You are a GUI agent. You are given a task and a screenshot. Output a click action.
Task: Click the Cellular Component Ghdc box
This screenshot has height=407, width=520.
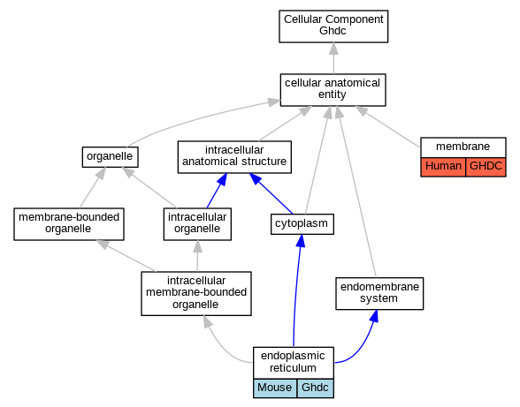[333, 26]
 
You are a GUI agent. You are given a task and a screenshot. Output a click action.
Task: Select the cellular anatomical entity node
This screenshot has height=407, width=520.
[333, 90]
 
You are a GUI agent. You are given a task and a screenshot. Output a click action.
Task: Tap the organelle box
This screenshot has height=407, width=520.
[110, 157]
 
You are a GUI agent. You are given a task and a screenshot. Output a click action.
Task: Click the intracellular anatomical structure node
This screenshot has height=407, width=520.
[234, 157]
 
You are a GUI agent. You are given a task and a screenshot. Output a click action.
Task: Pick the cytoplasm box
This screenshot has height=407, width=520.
[302, 224]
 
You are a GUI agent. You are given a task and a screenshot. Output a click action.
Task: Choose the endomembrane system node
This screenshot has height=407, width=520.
[379, 294]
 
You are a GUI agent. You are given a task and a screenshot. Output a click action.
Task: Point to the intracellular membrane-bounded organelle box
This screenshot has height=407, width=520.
[196, 293]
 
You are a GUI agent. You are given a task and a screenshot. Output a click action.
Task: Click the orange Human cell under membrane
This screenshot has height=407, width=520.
[443, 167]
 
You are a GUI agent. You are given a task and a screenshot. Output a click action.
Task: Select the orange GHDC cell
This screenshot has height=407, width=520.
[486, 167]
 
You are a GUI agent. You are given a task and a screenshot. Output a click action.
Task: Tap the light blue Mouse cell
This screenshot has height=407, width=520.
[275, 388]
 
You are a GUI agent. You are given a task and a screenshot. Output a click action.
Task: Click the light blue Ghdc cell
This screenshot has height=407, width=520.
[315, 388]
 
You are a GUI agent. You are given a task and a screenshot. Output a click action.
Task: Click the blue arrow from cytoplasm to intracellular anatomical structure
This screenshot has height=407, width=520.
[271, 193]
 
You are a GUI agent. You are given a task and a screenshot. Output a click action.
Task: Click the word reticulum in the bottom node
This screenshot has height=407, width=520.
[293, 368]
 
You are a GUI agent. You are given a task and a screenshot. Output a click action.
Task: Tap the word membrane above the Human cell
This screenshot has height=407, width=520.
[463, 147]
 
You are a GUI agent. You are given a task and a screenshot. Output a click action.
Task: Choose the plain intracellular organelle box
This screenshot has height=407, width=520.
[197, 224]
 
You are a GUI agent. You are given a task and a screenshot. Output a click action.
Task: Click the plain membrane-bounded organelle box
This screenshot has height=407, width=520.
[69, 224]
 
